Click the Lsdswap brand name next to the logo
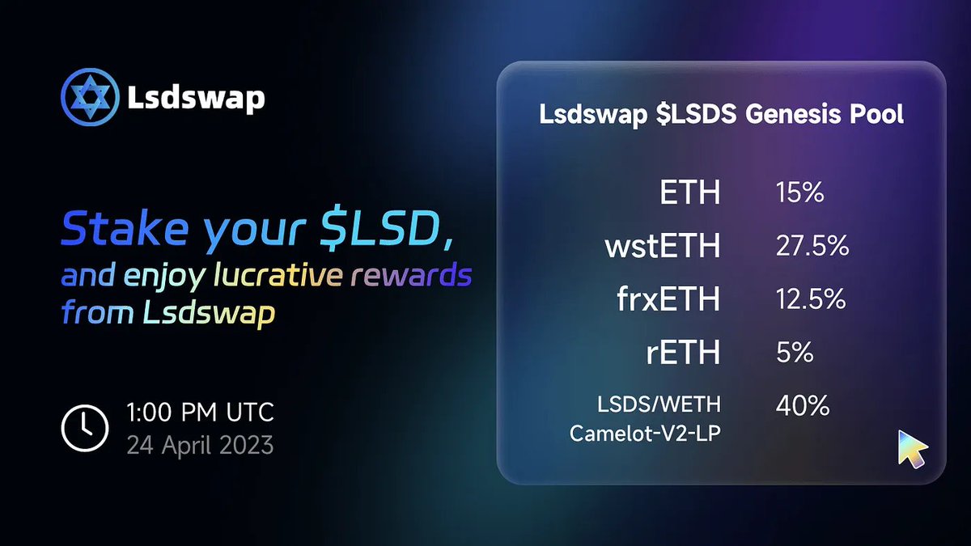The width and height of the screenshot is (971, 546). (196, 99)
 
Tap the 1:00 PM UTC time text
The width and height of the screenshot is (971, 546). (200, 413)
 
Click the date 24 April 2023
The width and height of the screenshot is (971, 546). (200, 444)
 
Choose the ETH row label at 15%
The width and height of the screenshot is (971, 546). (689, 195)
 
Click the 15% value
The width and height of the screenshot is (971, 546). (799, 195)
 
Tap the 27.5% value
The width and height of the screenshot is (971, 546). (812, 247)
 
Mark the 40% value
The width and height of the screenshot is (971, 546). (802, 405)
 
